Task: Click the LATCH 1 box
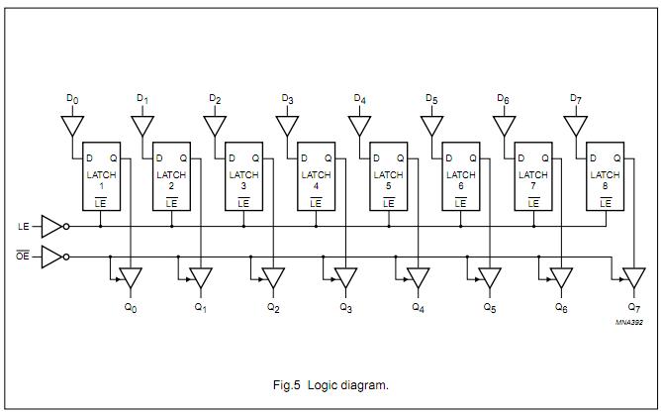click(99, 178)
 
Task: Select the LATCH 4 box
click(316, 178)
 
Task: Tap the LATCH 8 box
click(605, 178)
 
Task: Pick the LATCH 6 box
click(460, 178)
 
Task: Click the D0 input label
click(71, 99)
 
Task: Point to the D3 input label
click(287, 99)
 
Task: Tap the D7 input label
click(576, 99)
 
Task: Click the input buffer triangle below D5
click(431, 127)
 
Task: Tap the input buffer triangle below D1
click(142, 127)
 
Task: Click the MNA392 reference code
click(629, 322)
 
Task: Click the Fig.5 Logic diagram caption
click(330, 383)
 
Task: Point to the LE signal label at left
click(23, 226)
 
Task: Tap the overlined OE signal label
click(23, 258)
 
